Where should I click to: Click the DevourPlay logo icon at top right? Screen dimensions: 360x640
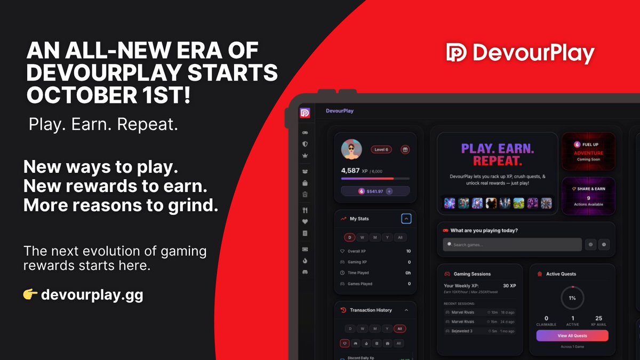click(457, 52)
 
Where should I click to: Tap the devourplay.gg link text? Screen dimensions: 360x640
click(92, 295)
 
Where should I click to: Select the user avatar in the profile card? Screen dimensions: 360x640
click(351, 150)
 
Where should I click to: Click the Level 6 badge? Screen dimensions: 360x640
click(381, 150)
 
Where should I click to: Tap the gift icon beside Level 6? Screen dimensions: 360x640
click(404, 150)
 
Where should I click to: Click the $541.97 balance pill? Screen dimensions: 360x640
click(375, 191)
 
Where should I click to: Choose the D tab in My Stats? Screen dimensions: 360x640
click(349, 237)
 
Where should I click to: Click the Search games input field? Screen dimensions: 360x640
click(512, 245)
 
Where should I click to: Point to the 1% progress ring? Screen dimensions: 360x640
click(572, 298)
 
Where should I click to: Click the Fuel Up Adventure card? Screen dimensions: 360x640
click(588, 151)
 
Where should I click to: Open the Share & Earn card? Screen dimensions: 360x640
click(588, 196)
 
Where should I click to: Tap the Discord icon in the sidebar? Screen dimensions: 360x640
click(305, 272)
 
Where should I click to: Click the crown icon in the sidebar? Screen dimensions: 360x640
click(305, 155)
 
